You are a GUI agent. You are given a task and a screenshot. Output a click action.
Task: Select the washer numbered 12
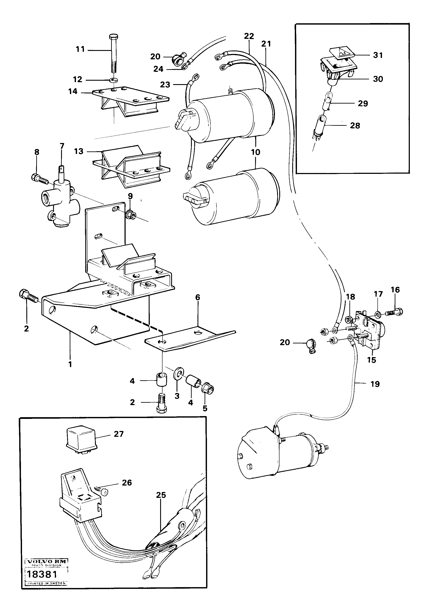point(114,80)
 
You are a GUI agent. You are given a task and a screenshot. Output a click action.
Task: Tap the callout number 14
point(73,91)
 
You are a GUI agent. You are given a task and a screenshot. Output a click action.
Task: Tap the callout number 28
point(355,126)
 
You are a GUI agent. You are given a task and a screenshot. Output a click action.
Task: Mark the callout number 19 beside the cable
point(375,384)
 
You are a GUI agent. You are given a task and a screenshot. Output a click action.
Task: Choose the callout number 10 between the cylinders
point(256,152)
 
